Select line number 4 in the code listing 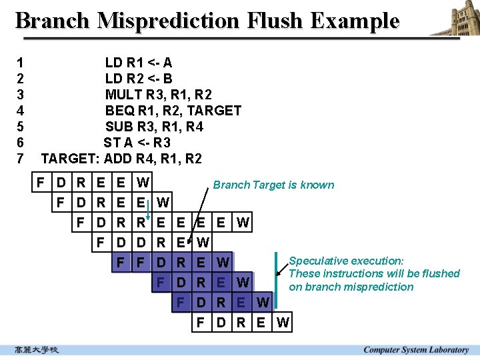tap(20, 111)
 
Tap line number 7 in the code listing tap(20, 159)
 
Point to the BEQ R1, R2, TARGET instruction tap(173, 111)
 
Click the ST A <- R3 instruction tap(137, 143)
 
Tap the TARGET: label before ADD tap(70, 159)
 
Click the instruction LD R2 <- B tap(139, 79)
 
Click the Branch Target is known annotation tap(273, 185)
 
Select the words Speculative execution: tap(346, 261)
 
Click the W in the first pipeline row tap(143, 181)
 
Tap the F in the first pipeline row tap(41, 181)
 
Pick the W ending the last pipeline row tap(283, 324)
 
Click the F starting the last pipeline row tap(201, 324)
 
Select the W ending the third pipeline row tap(243, 223)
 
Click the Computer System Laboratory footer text tap(416, 350)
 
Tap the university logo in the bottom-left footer tap(37, 350)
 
